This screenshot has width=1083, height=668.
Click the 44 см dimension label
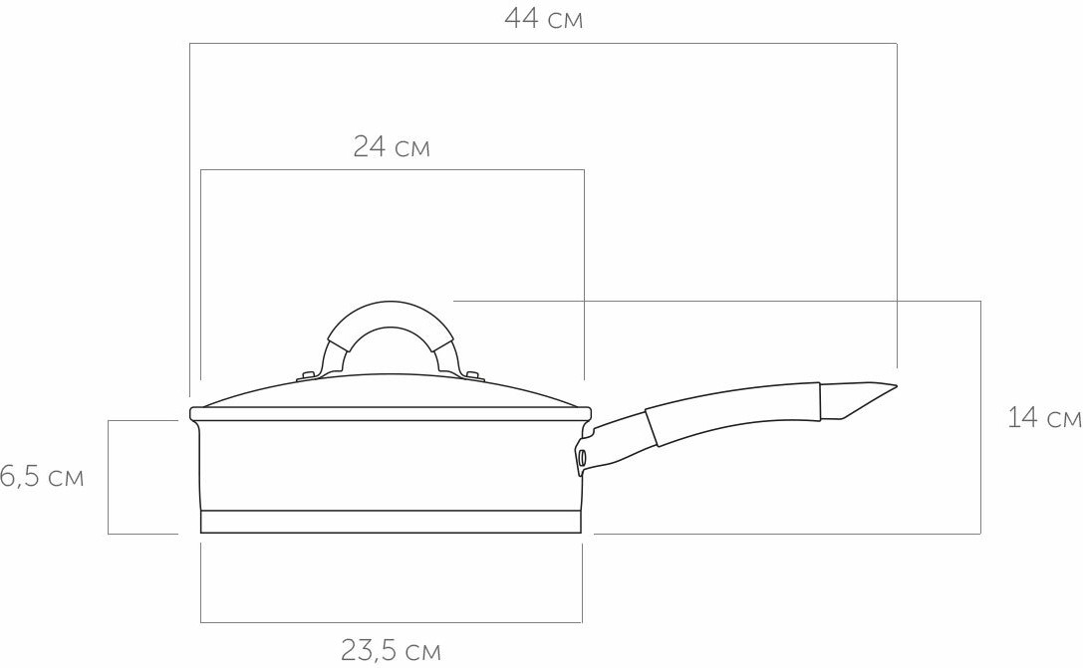(544, 19)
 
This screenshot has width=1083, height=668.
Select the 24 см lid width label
(392, 147)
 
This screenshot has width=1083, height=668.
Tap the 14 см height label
(1044, 417)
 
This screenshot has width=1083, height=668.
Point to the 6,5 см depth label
(42, 477)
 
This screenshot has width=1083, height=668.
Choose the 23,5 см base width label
(391, 650)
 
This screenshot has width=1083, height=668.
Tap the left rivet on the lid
(307, 376)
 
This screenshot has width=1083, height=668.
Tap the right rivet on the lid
(472, 375)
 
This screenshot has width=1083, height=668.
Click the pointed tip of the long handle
(897, 385)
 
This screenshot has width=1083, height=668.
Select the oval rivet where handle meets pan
(582, 457)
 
